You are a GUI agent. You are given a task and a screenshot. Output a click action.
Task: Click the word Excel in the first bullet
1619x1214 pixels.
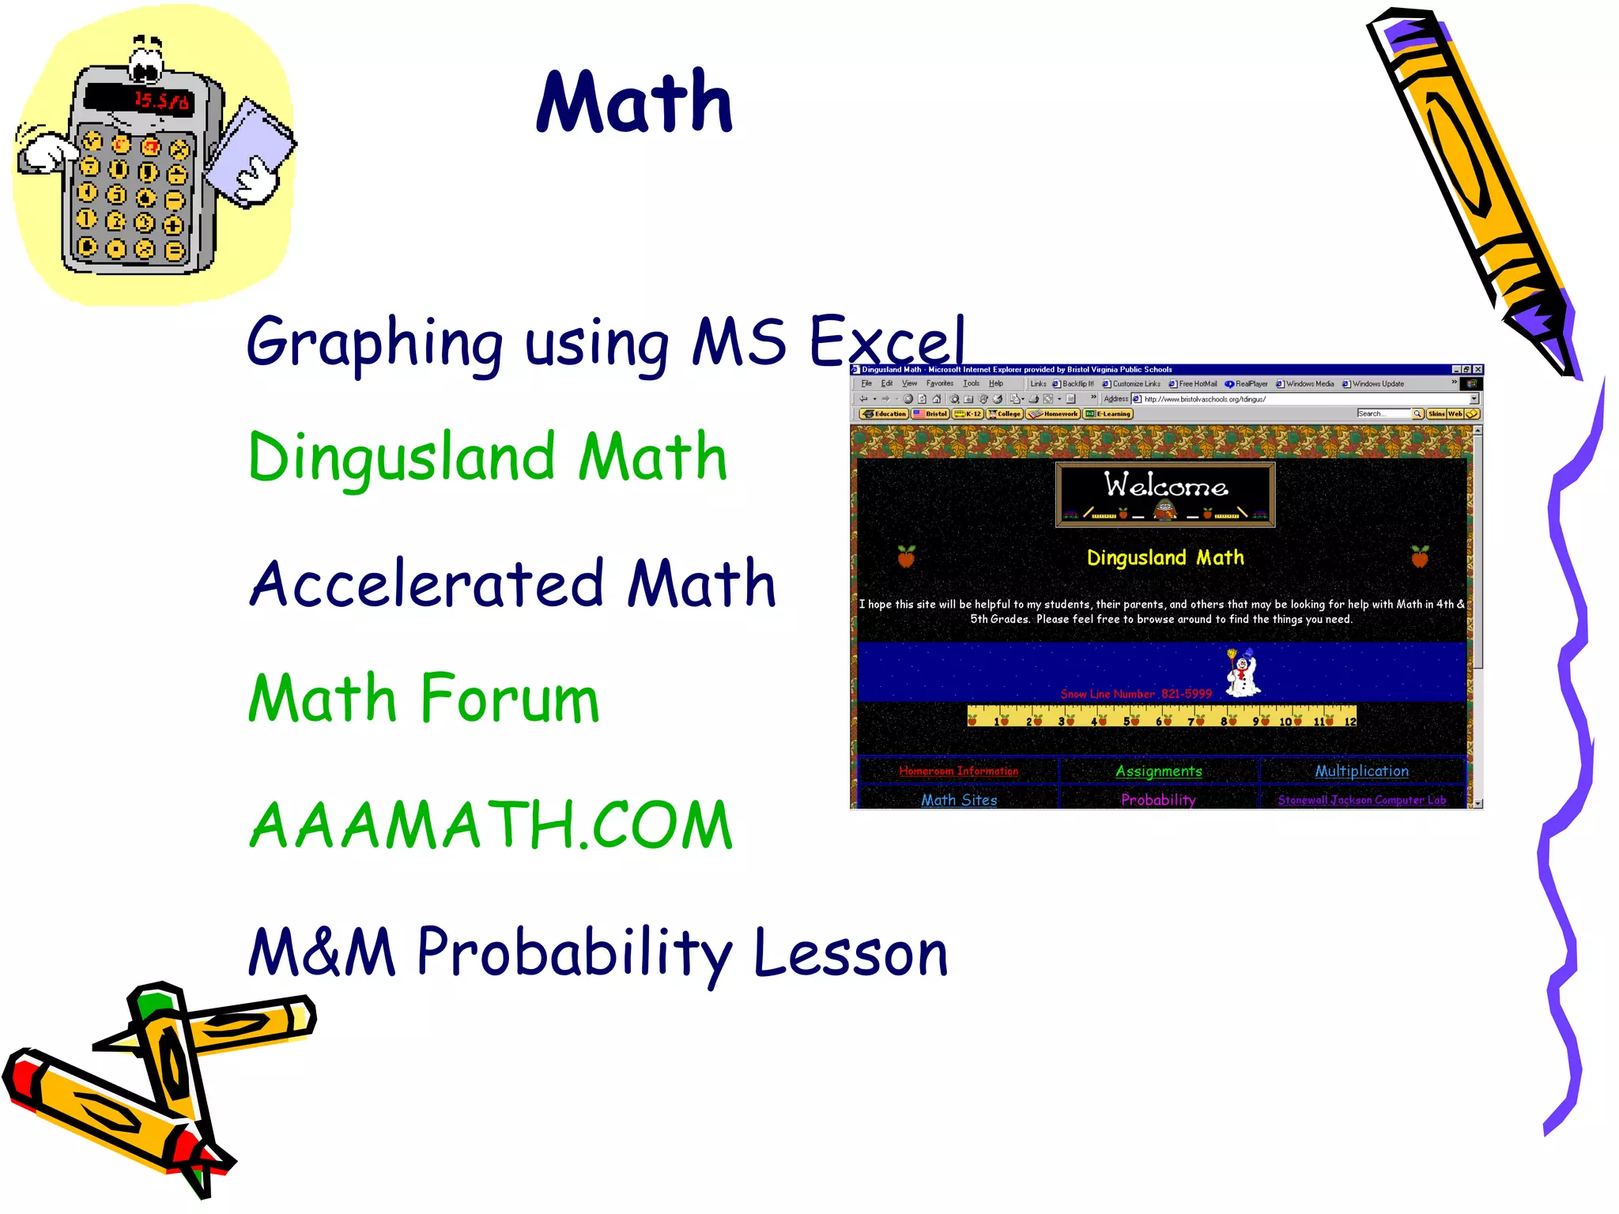point(887,342)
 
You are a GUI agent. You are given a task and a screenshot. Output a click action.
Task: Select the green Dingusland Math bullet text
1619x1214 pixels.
point(487,458)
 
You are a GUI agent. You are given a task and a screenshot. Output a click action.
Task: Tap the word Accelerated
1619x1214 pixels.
point(427,584)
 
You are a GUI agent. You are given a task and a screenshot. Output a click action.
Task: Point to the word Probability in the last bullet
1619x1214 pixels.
point(576,952)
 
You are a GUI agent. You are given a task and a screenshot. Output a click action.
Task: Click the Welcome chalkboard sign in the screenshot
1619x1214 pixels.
point(1165,494)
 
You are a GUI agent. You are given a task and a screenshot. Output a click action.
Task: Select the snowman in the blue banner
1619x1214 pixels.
point(1243,673)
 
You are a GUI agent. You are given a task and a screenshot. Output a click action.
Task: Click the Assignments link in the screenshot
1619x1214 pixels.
point(1158,771)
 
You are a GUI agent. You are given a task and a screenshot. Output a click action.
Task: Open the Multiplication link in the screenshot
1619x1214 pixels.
point(1361,771)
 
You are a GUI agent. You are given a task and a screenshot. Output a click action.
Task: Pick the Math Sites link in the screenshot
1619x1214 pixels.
point(959,800)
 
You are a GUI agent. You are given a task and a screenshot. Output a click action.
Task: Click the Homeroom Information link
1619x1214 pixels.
point(958,771)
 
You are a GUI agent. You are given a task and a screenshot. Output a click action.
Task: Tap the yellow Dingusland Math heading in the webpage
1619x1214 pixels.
point(1165,558)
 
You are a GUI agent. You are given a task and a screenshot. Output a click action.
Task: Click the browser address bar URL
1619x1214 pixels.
point(1205,399)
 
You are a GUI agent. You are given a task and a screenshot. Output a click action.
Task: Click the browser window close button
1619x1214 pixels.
point(1477,369)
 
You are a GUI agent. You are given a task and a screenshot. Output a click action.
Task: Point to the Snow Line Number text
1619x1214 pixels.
point(1135,694)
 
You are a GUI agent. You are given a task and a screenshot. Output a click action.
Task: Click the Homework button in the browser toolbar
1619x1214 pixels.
point(1053,414)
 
